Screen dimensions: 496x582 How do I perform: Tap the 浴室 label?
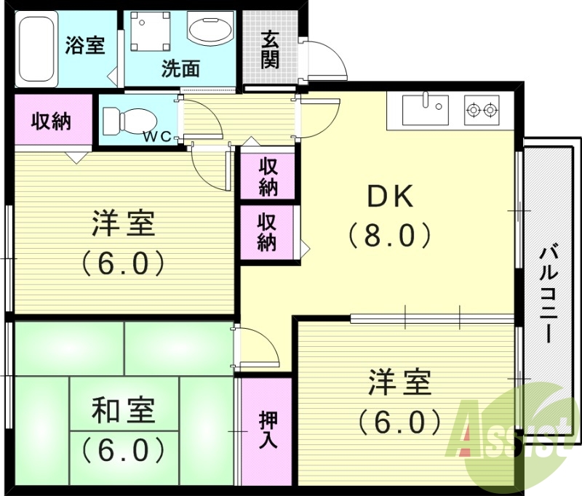coord(85,45)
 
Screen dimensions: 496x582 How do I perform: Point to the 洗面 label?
coord(180,69)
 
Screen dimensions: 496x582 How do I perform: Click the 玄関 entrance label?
coord(270,49)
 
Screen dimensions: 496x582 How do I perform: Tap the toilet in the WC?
coord(129,118)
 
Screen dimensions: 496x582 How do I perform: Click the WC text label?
coord(156,136)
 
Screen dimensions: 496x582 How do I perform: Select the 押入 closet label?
coord(267,431)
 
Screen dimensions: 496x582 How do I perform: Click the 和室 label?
coord(124,412)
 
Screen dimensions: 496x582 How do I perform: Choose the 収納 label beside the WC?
coord(51,121)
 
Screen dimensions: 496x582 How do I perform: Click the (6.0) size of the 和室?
coord(124,451)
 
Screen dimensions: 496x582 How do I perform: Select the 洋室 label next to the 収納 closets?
coord(124,224)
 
